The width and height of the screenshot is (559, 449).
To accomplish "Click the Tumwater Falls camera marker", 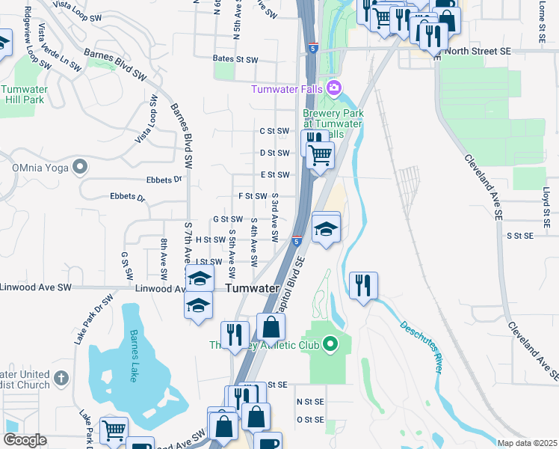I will [334, 88].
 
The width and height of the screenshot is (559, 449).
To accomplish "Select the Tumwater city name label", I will [252, 288].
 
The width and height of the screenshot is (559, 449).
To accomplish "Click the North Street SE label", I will [478, 51].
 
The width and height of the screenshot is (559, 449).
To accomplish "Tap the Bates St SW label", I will [235, 58].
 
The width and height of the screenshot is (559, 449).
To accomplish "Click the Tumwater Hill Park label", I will [25, 94].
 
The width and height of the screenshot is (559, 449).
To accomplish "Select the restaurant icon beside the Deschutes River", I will [363, 284].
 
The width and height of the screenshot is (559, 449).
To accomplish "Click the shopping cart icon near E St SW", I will [320, 155].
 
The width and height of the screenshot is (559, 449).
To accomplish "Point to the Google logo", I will [25, 440].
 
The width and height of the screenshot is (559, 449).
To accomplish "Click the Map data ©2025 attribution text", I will [526, 443].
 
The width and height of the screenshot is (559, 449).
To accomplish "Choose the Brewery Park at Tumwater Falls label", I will [333, 123].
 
